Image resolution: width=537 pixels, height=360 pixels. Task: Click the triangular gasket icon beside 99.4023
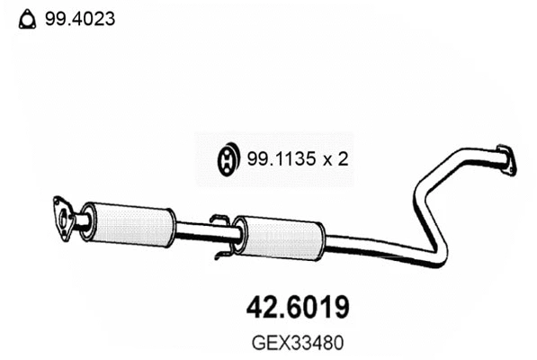(x=27, y=17)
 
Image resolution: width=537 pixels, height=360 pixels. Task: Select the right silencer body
(x=280, y=236)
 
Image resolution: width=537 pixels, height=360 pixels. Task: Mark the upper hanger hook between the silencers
(x=218, y=219)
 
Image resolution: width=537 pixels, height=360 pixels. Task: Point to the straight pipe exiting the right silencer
(x=360, y=246)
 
